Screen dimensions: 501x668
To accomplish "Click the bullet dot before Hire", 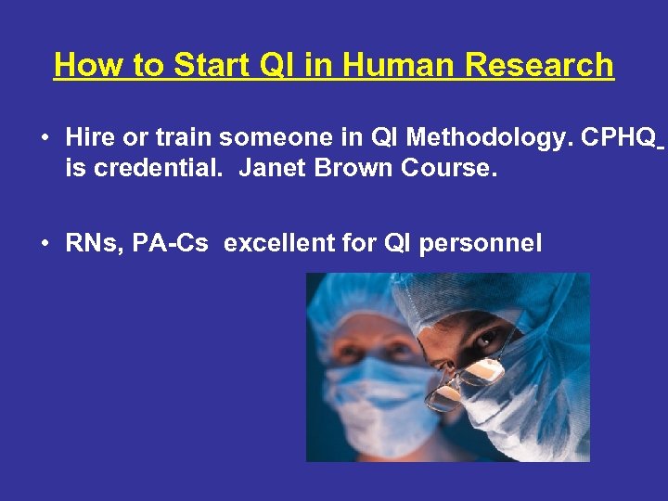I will click(x=44, y=139).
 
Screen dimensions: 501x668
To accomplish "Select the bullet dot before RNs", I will click(x=44, y=245).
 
